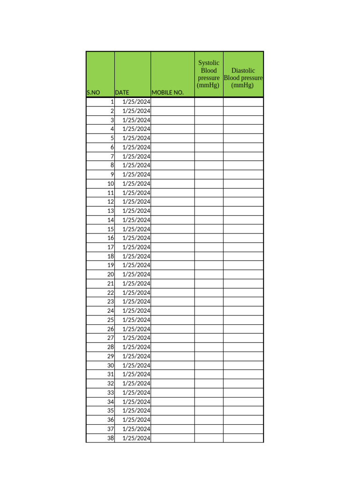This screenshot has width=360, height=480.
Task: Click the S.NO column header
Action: (93, 93)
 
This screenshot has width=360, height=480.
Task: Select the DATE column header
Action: (122, 93)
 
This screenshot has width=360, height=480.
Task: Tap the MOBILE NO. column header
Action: (167, 93)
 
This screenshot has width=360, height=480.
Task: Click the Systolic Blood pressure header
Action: (209, 74)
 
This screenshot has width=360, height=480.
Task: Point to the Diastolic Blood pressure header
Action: (243, 78)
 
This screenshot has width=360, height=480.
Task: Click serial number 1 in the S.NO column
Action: (112, 102)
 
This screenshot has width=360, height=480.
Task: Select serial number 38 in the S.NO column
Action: (111, 438)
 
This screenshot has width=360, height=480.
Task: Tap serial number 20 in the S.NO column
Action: (111, 274)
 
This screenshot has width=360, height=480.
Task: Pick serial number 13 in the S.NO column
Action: (111, 210)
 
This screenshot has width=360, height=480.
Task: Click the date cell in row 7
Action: (136, 156)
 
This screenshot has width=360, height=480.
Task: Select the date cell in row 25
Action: (136, 320)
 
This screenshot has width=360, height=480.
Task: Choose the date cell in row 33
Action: (136, 392)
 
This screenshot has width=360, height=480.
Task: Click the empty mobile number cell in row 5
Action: (172, 138)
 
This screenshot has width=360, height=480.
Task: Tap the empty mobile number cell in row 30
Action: (172, 365)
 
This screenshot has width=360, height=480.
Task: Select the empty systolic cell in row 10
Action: (209, 183)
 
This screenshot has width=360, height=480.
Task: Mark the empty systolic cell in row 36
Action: (209, 420)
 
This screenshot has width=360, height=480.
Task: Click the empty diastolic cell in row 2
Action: (243, 111)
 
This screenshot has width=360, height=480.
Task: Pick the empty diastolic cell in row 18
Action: (243, 256)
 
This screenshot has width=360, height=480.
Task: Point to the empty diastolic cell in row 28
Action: (243, 347)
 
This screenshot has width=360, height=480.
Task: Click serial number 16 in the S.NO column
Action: (111, 238)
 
